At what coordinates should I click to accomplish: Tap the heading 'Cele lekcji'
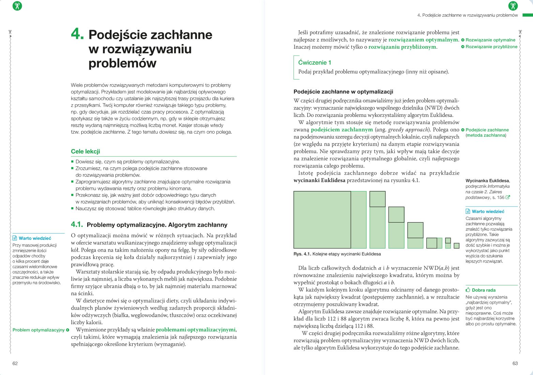(x=85, y=151)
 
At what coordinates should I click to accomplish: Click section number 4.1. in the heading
(x=77, y=224)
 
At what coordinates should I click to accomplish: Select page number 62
(x=15, y=363)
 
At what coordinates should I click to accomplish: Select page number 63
(x=515, y=363)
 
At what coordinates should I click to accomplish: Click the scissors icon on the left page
(x=17, y=6)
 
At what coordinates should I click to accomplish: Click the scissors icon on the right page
(x=513, y=6)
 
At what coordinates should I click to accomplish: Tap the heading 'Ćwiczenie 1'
(x=315, y=62)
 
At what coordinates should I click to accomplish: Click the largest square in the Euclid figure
(x=322, y=220)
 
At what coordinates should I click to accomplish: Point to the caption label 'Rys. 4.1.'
(x=302, y=254)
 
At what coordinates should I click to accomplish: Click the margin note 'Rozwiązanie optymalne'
(x=490, y=40)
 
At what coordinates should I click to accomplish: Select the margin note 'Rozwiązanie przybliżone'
(x=491, y=47)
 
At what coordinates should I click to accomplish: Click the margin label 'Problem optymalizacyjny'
(x=39, y=330)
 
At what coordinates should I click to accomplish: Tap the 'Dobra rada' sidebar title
(x=484, y=290)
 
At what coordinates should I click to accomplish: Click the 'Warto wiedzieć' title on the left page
(x=35, y=238)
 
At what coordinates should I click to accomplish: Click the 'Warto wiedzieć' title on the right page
(x=488, y=211)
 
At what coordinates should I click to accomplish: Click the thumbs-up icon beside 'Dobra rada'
(x=468, y=290)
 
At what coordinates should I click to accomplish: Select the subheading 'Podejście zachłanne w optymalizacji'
(x=343, y=92)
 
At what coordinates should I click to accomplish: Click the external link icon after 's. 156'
(x=508, y=197)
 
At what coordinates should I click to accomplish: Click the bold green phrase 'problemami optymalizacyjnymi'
(x=195, y=330)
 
